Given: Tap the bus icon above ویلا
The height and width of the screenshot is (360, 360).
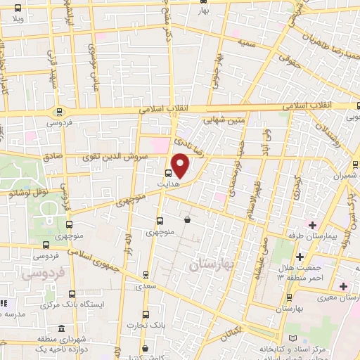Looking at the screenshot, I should pyautogui.click(x=17, y=9).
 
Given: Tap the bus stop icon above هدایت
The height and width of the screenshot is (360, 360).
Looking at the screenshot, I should pyautogui.click(x=169, y=173).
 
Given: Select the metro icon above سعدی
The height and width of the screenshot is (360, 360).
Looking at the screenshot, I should pyautogui.click(x=146, y=275).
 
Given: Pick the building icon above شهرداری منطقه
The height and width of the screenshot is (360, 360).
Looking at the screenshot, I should pyautogui.click(x=62, y=330).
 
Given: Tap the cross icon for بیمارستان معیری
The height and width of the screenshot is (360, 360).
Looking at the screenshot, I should pyautogui.click(x=343, y=286).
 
